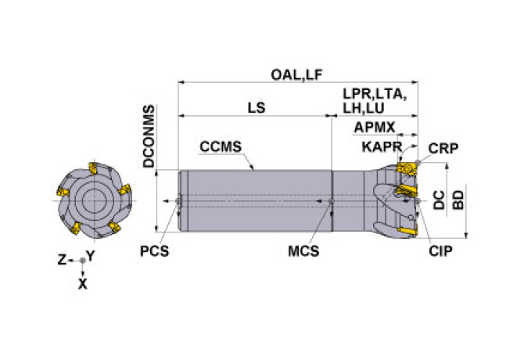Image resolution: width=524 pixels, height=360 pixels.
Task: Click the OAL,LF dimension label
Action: [297, 74]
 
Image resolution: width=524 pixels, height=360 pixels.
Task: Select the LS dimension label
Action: [256, 109]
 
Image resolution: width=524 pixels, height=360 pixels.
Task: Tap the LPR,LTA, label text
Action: [375, 94]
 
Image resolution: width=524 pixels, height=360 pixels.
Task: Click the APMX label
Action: [374, 127]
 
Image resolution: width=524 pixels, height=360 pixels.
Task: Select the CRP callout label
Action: [443, 149]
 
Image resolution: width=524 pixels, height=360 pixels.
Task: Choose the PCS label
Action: [155, 250]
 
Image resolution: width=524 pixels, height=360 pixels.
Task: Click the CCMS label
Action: [220, 146]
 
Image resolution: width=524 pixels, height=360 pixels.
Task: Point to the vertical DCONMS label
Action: [149, 137]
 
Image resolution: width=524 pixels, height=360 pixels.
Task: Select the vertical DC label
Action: [440, 200]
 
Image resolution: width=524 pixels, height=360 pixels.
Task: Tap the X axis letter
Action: [83, 285]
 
